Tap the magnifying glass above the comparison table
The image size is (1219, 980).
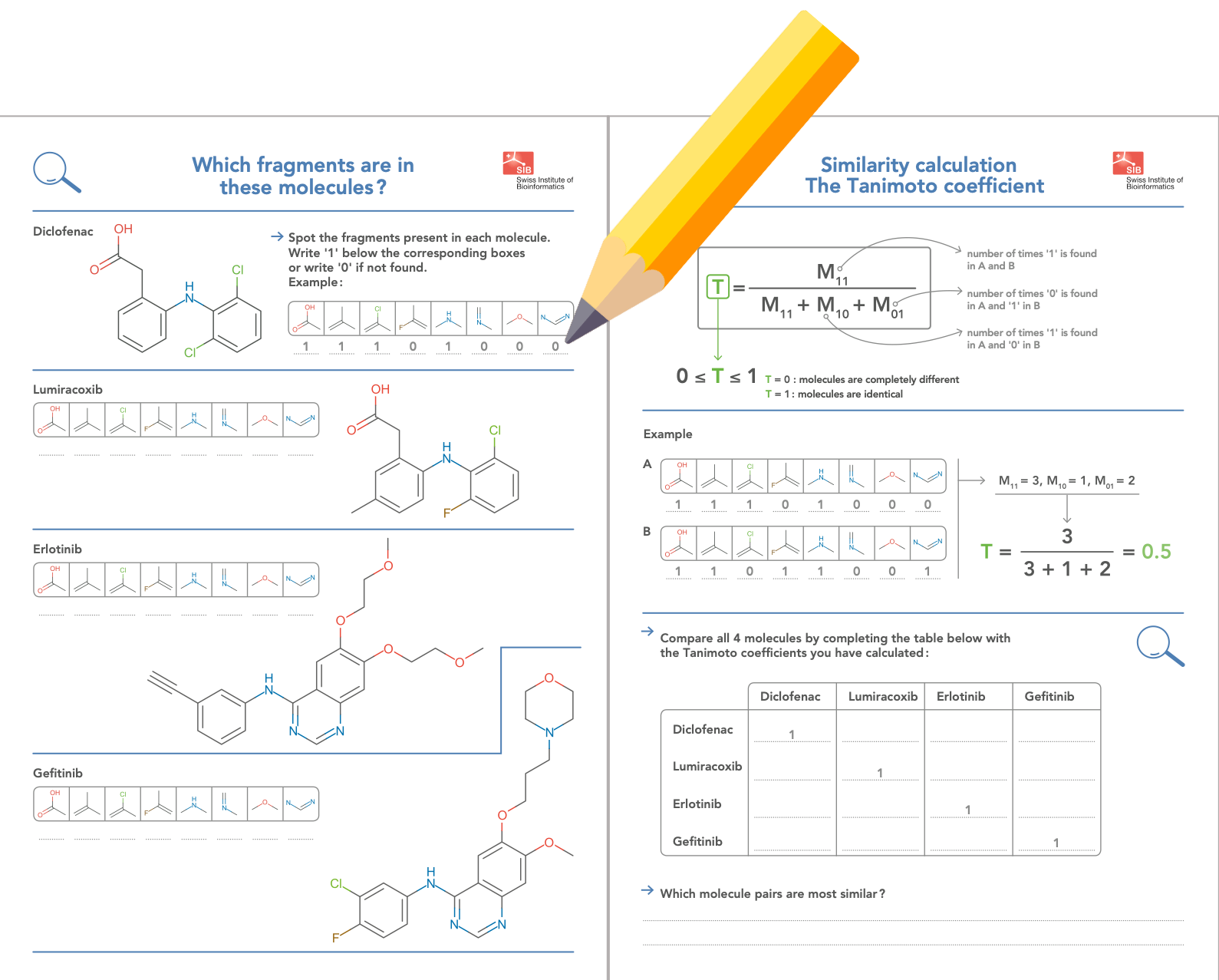1158,645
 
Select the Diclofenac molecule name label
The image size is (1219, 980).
63,232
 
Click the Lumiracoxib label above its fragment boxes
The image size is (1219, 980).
68,390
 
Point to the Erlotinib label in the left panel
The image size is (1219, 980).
58,549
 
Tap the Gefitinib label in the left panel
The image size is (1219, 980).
58,774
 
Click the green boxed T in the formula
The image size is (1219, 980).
717,287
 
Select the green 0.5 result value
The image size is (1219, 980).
1156,552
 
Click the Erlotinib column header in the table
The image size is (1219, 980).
960,697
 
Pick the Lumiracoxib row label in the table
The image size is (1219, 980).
707,767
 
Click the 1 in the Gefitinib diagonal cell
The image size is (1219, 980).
1056,843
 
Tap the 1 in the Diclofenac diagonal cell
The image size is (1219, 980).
792,734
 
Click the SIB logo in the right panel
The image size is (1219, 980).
1128,163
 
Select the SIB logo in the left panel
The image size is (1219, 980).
519,163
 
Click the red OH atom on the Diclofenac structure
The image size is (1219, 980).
124,229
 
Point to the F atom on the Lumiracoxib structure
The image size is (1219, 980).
446,513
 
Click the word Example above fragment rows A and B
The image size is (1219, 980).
667,434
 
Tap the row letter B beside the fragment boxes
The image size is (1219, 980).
647,531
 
